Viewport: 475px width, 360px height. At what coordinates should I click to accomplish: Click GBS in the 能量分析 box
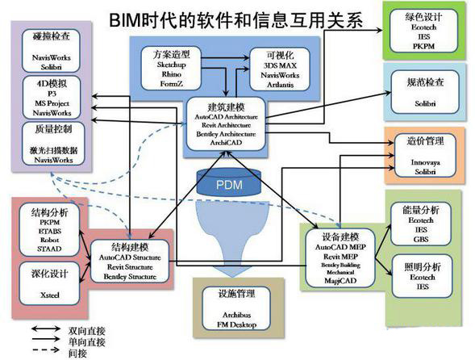[x=419, y=238]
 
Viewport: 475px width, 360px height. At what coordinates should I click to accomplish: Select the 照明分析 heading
[x=419, y=264]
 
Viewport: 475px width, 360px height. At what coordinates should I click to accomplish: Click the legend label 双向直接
[x=89, y=330]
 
